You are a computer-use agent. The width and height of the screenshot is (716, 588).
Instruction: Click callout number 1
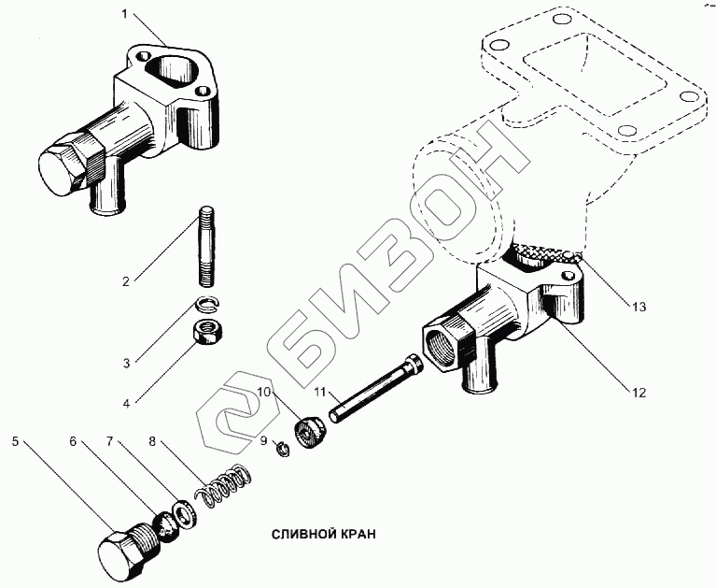(x=125, y=15)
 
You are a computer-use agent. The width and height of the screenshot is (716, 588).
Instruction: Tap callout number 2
(x=125, y=278)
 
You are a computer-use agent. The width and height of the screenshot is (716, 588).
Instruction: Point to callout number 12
(x=637, y=393)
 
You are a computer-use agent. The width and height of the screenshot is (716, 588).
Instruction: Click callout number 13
(x=638, y=306)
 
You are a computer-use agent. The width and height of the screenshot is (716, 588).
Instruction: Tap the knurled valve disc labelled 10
(x=310, y=435)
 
